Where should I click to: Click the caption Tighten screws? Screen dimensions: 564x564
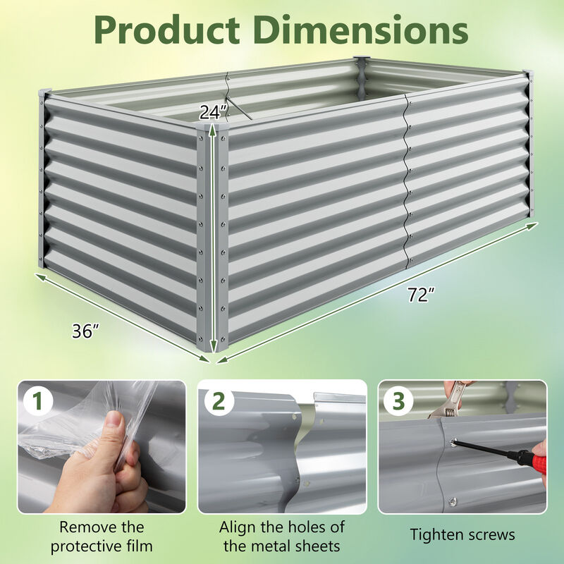coord(462,535)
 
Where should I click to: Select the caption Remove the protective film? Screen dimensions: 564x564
coord(102,536)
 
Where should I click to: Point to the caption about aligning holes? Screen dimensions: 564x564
coord(282,536)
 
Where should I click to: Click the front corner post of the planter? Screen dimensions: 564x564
coord(213,240)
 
